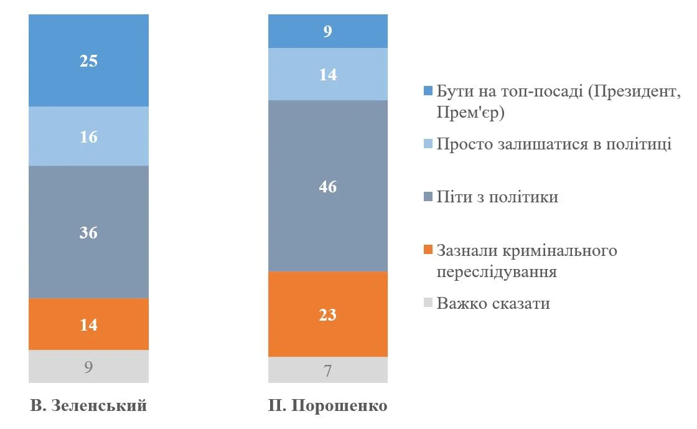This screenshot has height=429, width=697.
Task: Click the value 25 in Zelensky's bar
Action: point(88,61)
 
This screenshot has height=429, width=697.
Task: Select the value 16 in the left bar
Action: point(88,136)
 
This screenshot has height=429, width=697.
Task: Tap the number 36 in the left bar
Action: point(88,232)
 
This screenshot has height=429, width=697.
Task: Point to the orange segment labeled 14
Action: point(88,324)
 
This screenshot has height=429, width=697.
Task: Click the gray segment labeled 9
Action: point(88,367)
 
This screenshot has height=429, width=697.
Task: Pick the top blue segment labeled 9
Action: point(327,31)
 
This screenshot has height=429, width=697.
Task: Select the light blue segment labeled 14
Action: point(327,74)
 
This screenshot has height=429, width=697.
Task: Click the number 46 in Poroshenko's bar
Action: point(327,186)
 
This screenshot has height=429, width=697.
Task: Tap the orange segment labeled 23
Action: point(327,314)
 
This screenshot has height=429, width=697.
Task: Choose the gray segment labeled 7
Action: point(327,370)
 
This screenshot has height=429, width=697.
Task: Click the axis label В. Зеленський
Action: point(88,406)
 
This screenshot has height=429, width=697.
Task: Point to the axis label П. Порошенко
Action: point(327,406)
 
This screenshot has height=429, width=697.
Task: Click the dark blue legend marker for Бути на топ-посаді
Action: point(428,91)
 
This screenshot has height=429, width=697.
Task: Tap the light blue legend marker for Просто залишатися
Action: point(428,144)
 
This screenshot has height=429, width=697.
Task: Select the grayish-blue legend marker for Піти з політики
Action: point(428,197)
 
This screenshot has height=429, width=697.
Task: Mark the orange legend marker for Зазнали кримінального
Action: point(428,250)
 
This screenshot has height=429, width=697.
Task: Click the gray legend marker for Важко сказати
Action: point(428,304)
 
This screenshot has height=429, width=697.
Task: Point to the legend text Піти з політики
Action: point(497,197)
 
